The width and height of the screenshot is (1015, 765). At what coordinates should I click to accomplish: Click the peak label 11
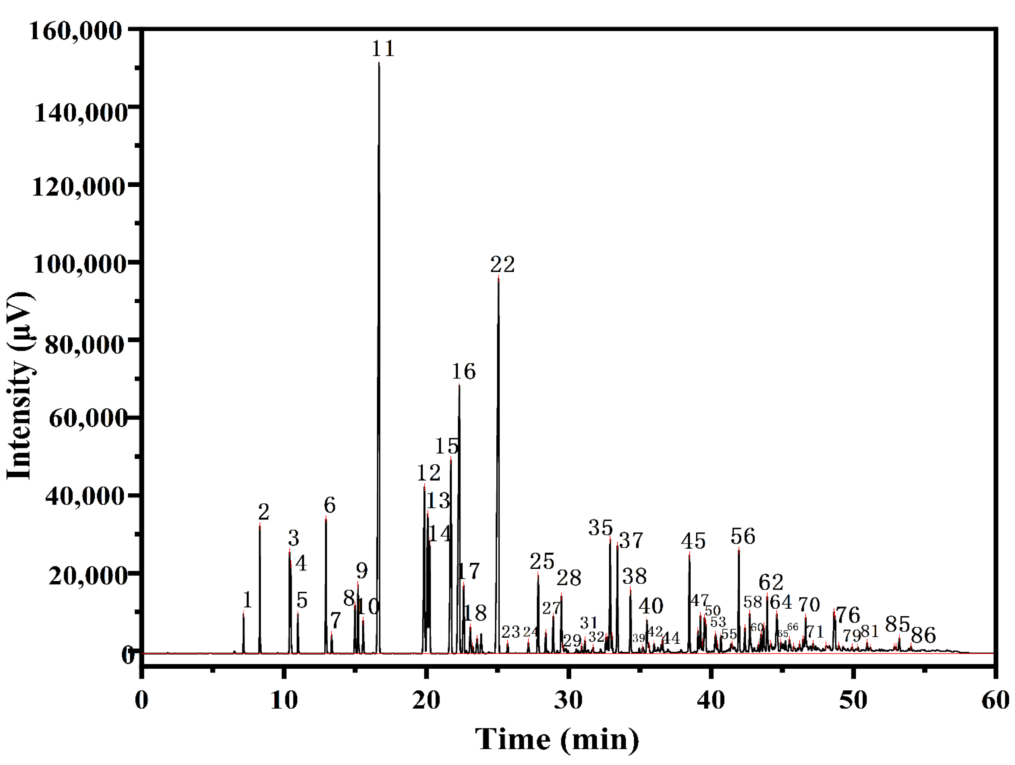click(x=383, y=49)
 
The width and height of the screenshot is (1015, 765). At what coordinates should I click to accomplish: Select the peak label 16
click(x=463, y=371)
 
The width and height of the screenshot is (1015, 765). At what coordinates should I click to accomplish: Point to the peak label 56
click(x=743, y=536)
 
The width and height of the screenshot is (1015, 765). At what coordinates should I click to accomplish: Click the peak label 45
click(x=693, y=541)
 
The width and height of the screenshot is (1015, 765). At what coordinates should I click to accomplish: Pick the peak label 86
click(x=923, y=636)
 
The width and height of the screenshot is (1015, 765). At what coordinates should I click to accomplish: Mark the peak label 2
click(x=263, y=512)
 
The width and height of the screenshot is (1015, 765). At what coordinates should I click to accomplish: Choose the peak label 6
click(x=330, y=505)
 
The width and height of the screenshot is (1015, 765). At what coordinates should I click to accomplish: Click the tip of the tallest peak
click(x=379, y=62)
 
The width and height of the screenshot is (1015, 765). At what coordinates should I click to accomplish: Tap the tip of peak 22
click(x=498, y=276)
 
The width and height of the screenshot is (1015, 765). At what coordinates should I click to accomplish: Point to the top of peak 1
click(x=243, y=612)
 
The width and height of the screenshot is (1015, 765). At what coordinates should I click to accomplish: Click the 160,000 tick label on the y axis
click(x=76, y=31)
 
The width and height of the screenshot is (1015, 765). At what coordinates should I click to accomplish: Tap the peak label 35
click(x=600, y=528)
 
